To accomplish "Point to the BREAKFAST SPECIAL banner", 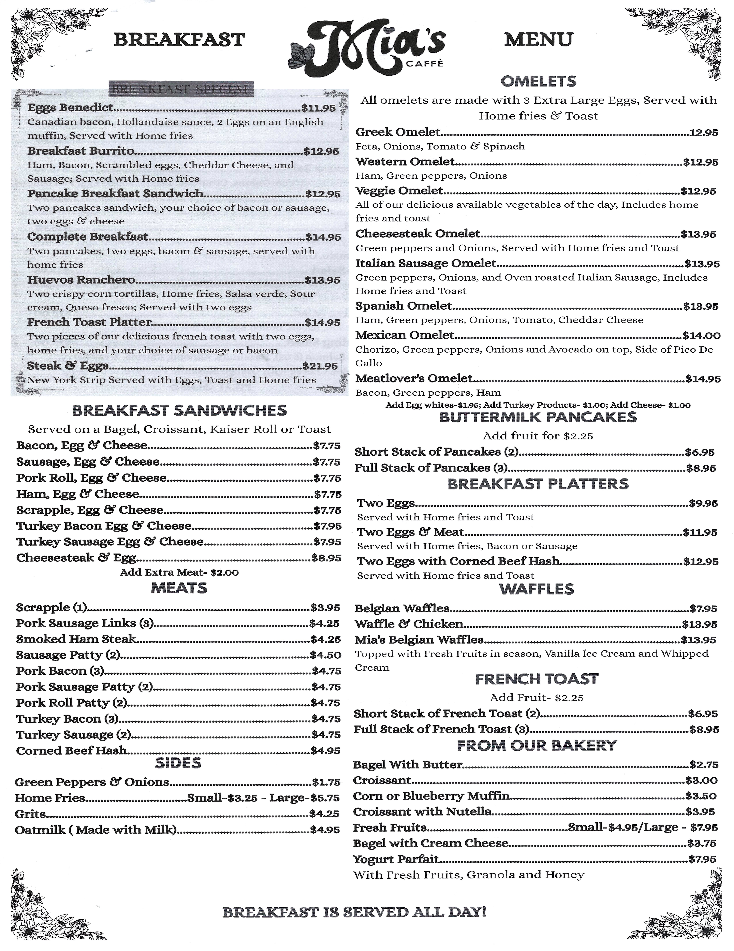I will click(x=181, y=90).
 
